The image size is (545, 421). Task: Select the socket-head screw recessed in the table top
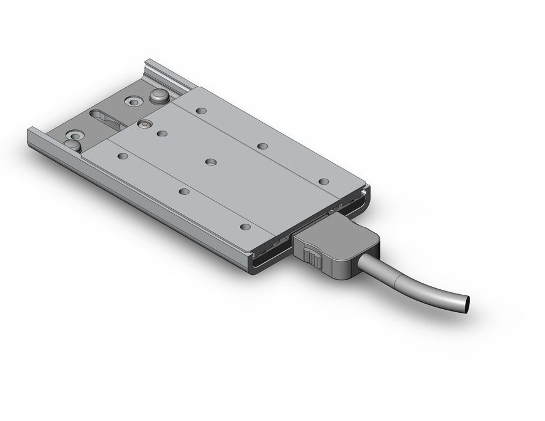[144, 124]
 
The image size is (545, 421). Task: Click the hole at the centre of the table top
[211, 162]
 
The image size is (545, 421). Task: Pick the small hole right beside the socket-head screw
[162, 134]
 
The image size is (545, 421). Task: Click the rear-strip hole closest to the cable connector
[324, 182]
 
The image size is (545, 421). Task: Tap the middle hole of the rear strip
[262, 146]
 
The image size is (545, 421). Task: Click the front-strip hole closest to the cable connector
[244, 227]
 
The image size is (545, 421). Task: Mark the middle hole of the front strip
[184, 191]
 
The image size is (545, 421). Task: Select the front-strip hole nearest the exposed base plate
[123, 156]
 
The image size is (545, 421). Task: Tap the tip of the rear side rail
[150, 61]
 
